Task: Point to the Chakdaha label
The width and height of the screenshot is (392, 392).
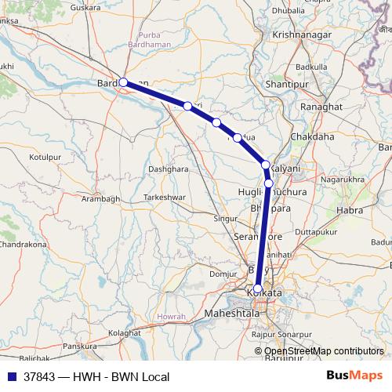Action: (312, 136)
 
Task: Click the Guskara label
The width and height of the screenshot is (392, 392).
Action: (86, 8)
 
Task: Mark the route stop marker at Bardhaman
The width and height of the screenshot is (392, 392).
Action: (123, 82)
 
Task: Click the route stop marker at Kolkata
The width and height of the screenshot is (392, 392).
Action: (258, 289)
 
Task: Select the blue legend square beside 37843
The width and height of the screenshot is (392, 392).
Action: (9, 376)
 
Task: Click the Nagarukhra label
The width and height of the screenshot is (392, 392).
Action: (343, 180)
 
